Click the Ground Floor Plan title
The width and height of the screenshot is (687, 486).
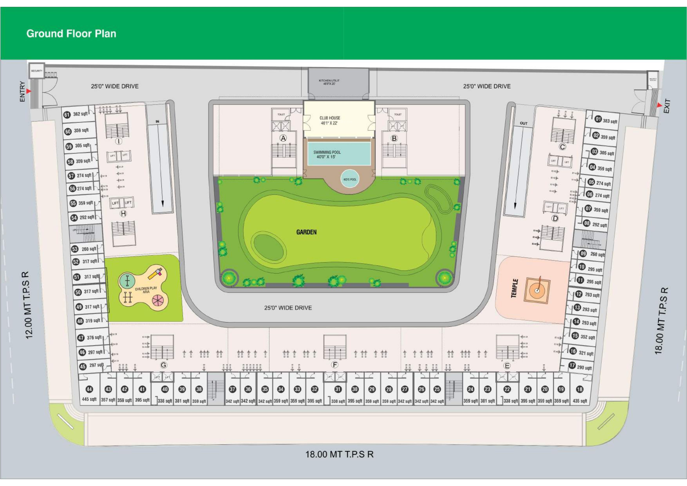(x=71, y=34)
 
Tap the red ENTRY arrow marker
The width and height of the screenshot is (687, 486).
(x=29, y=91)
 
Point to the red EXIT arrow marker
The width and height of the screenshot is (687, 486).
(x=660, y=105)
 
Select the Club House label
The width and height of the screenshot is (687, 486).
(x=330, y=120)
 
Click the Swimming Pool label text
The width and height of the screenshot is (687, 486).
(x=327, y=154)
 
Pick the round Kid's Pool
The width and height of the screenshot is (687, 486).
(x=350, y=179)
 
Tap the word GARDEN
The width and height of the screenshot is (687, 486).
(x=306, y=232)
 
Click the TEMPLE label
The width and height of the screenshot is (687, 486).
(x=514, y=288)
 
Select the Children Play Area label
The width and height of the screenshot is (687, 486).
(x=146, y=290)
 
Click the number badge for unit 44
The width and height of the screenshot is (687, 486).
(x=89, y=389)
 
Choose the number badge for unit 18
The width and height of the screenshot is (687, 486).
(x=580, y=389)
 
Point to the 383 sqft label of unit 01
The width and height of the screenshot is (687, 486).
(x=610, y=121)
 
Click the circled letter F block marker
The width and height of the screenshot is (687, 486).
(x=334, y=365)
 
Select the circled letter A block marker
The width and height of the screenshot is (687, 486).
(x=283, y=138)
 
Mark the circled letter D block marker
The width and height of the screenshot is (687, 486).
(x=555, y=218)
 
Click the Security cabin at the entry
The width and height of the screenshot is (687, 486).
(x=37, y=71)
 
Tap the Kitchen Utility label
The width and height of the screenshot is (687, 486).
(x=329, y=82)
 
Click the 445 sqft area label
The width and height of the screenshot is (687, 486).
(x=89, y=399)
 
